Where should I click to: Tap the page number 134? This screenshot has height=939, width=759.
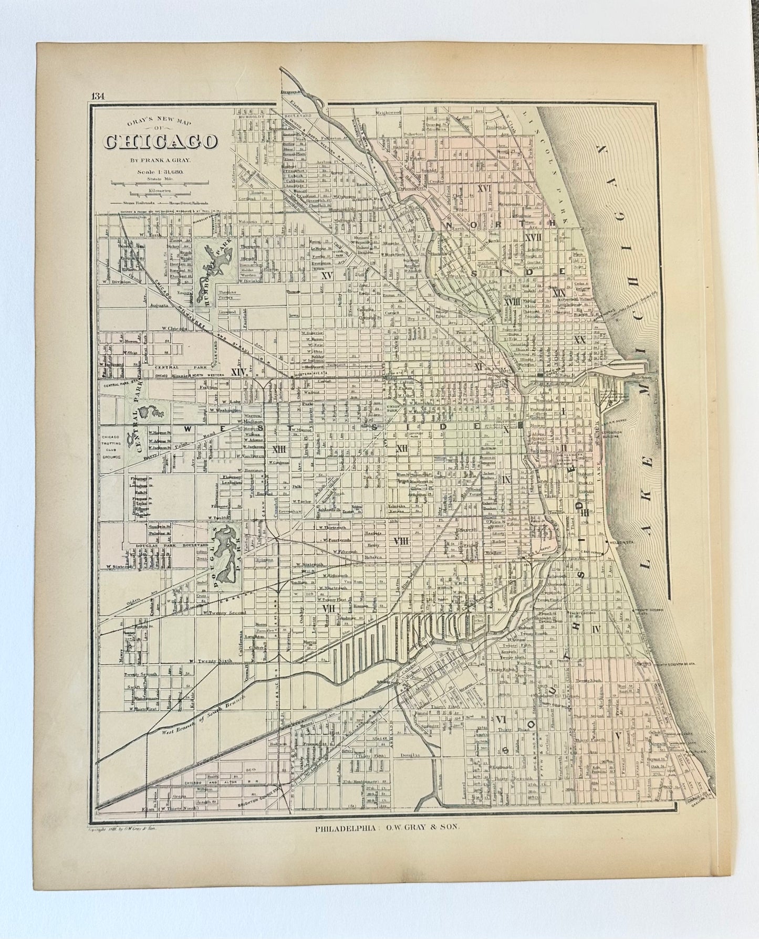coord(97,96)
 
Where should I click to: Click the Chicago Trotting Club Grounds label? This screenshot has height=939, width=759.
coord(111,447)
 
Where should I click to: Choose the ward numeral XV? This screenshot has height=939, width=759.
coord(327,275)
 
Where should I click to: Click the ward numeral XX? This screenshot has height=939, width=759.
coord(579,340)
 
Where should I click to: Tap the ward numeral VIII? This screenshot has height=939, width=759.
coord(401,541)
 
